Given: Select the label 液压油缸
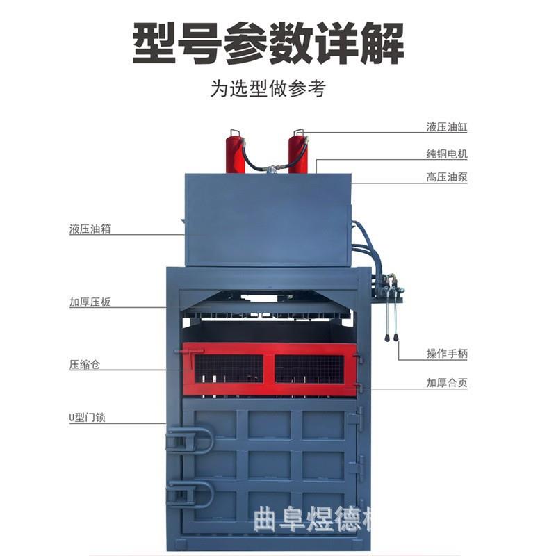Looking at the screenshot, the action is click(x=447, y=127).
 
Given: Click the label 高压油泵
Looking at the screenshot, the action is click(x=447, y=177).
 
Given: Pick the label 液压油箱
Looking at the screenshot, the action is click(x=90, y=229).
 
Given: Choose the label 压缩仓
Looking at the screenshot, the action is click(x=85, y=364).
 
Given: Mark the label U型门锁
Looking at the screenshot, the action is click(x=87, y=418).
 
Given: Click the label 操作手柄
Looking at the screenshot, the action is click(x=447, y=354).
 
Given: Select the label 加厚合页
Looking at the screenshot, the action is click(x=447, y=383).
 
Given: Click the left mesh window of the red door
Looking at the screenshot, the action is click(x=229, y=368).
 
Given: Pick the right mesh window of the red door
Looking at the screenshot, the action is click(x=309, y=368).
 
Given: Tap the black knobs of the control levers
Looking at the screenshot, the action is click(x=391, y=338).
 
